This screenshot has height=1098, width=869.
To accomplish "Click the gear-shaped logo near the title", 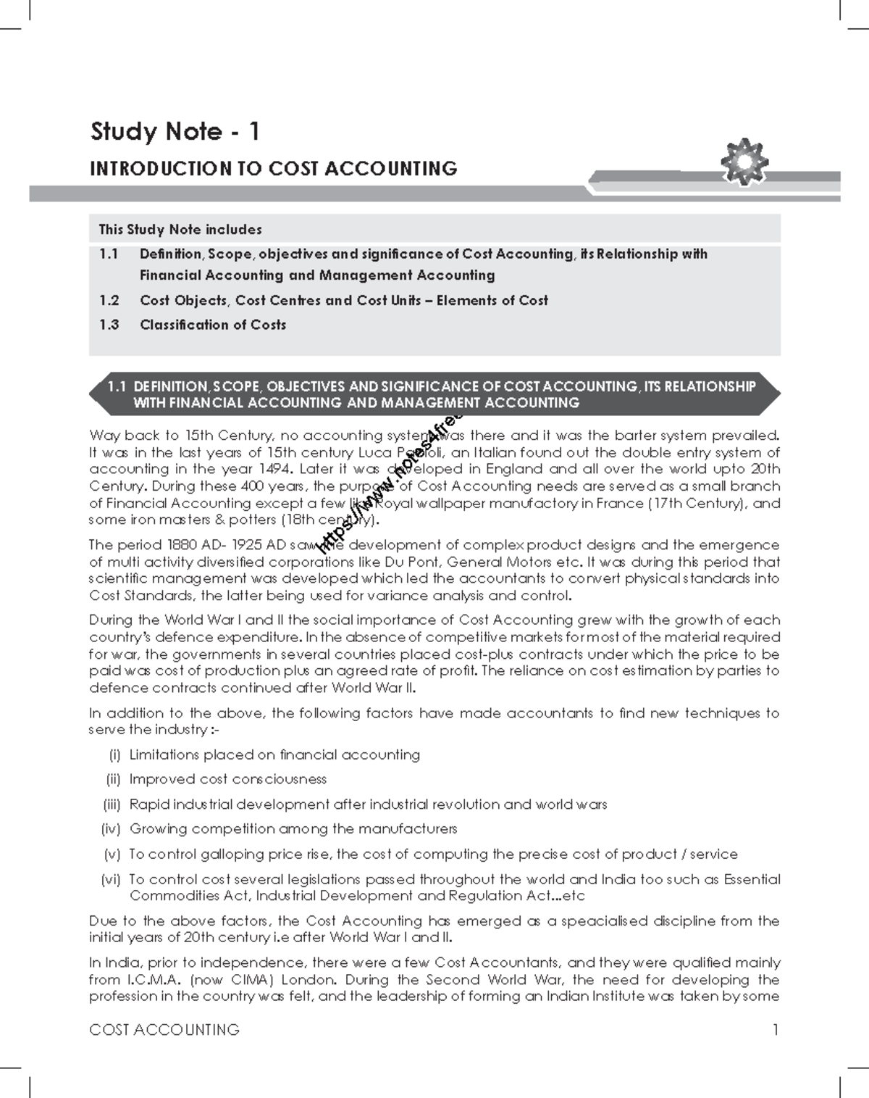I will tap(744, 162).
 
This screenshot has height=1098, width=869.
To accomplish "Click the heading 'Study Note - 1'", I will tap(175, 132).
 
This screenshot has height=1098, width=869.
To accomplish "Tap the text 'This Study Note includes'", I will tap(180, 230).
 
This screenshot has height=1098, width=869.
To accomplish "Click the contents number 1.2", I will tap(109, 300).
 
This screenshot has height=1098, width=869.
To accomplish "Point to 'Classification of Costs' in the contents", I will tap(213, 325).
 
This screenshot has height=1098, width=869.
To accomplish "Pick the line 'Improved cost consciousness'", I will tap(227, 779).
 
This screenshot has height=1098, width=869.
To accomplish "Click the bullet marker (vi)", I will tap(113, 879).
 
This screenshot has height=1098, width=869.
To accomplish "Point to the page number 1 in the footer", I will tap(776, 1029).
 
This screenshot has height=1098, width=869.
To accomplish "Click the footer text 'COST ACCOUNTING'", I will tap(164, 1029).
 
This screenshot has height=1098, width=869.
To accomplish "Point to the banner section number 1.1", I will tap(117, 386).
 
